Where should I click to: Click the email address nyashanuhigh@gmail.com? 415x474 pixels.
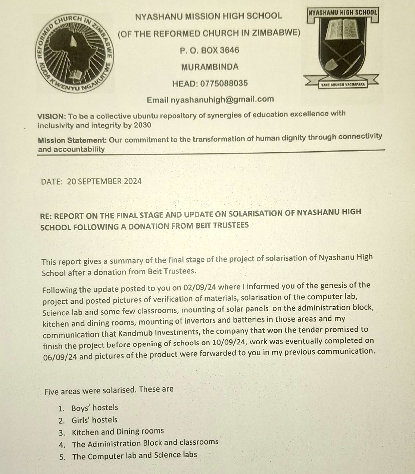222,100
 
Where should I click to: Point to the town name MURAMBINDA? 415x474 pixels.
210,67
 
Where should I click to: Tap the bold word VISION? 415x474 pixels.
52,116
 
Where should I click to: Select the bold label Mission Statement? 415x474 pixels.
72,140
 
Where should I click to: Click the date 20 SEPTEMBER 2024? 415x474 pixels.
104,181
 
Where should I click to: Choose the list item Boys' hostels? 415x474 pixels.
94,408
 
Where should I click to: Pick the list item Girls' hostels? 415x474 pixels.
94,420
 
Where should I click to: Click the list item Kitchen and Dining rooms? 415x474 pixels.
118,432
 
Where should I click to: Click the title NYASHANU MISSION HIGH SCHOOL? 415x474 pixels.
209,16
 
